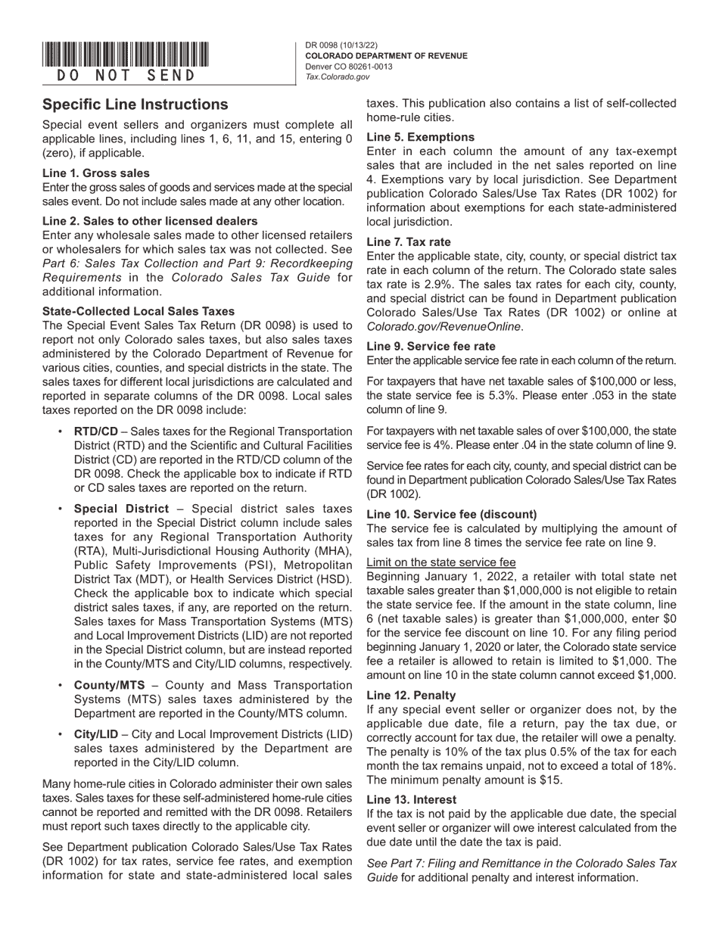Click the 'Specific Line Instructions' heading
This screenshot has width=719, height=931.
pyautogui.click(x=135, y=104)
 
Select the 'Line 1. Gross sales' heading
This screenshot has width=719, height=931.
pyautogui.click(x=96, y=173)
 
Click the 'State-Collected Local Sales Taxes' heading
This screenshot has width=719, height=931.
pyautogui.click(x=139, y=311)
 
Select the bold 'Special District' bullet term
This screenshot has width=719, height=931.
pyautogui.click(x=121, y=509)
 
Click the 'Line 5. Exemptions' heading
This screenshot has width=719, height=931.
pyautogui.click(x=421, y=137)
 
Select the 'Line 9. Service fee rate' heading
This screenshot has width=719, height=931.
pyautogui.click(x=431, y=345)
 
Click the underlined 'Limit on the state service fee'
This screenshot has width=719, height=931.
pyautogui.click(x=441, y=562)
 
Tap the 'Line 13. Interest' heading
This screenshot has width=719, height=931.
pyautogui.click(x=412, y=799)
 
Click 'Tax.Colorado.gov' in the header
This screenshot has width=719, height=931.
pyautogui.click(x=338, y=76)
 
